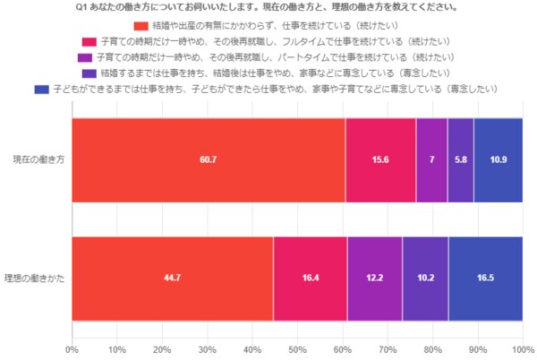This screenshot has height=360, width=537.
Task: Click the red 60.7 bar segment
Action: [x=208, y=159]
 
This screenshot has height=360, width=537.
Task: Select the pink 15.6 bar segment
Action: [x=380, y=159]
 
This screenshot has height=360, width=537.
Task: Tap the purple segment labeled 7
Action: [x=431, y=159]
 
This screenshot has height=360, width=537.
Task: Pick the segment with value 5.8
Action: [x=460, y=159]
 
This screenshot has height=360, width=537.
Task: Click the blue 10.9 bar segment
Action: [x=499, y=159]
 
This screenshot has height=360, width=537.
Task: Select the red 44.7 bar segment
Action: [x=173, y=278]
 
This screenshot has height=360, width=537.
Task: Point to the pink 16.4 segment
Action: [x=311, y=278]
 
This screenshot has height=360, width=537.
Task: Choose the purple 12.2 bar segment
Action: [x=374, y=278]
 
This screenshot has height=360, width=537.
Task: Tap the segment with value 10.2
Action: [x=425, y=278]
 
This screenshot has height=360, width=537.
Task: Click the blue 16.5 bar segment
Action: [x=485, y=278]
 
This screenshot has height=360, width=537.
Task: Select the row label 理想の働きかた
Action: [x=33, y=278]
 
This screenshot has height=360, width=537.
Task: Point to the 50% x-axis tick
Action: [x=297, y=349]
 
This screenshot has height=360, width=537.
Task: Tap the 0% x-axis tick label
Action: [x=72, y=349]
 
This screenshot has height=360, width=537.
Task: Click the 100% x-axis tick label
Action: [x=522, y=349]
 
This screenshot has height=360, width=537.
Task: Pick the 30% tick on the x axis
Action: [x=207, y=349]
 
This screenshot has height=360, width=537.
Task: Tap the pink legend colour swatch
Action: [x=89, y=41]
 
